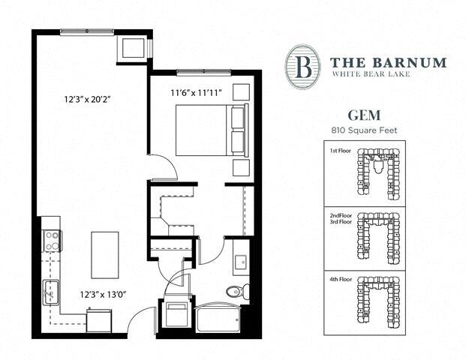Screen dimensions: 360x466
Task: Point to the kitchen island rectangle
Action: tap(104, 254)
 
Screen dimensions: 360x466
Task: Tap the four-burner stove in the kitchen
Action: tap(53, 241)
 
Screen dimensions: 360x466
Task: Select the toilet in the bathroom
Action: tap(235, 291)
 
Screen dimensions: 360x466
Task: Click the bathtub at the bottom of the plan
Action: tap(217, 318)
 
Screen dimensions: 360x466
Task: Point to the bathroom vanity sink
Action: tap(241, 262)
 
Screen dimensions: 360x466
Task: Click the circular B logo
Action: tap(303, 66)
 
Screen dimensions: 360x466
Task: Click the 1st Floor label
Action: tap(341, 151)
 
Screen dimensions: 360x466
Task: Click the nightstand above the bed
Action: tap(242, 92)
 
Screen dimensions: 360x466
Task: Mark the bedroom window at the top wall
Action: tap(203, 72)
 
